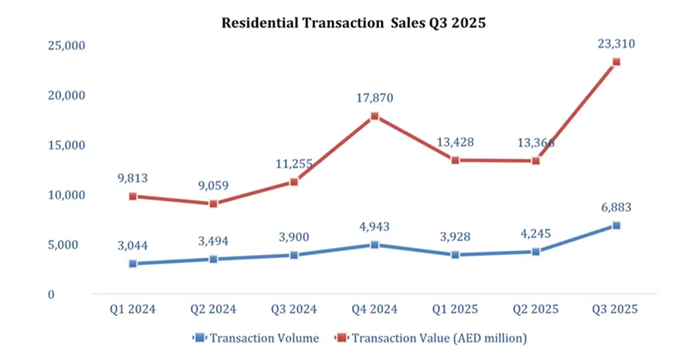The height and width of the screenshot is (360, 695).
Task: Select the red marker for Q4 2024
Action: [375, 117]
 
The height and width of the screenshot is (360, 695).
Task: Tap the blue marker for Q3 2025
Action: [615, 226]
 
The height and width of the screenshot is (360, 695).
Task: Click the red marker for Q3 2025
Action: [615, 62]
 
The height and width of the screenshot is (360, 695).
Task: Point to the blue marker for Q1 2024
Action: [133, 263]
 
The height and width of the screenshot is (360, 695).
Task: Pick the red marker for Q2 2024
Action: [213, 204]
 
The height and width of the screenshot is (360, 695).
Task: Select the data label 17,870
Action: [375, 98]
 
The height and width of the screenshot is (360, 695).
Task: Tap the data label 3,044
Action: [133, 246]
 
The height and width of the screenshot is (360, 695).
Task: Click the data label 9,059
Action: [213, 186]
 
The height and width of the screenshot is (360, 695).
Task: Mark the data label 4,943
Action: [375, 227]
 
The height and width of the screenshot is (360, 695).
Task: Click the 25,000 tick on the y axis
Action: [63, 46]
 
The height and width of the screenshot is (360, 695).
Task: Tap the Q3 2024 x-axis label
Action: [294, 309]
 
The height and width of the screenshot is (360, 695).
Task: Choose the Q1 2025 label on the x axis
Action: [455, 309]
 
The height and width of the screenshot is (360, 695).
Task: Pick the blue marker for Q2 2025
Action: [535, 252]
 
